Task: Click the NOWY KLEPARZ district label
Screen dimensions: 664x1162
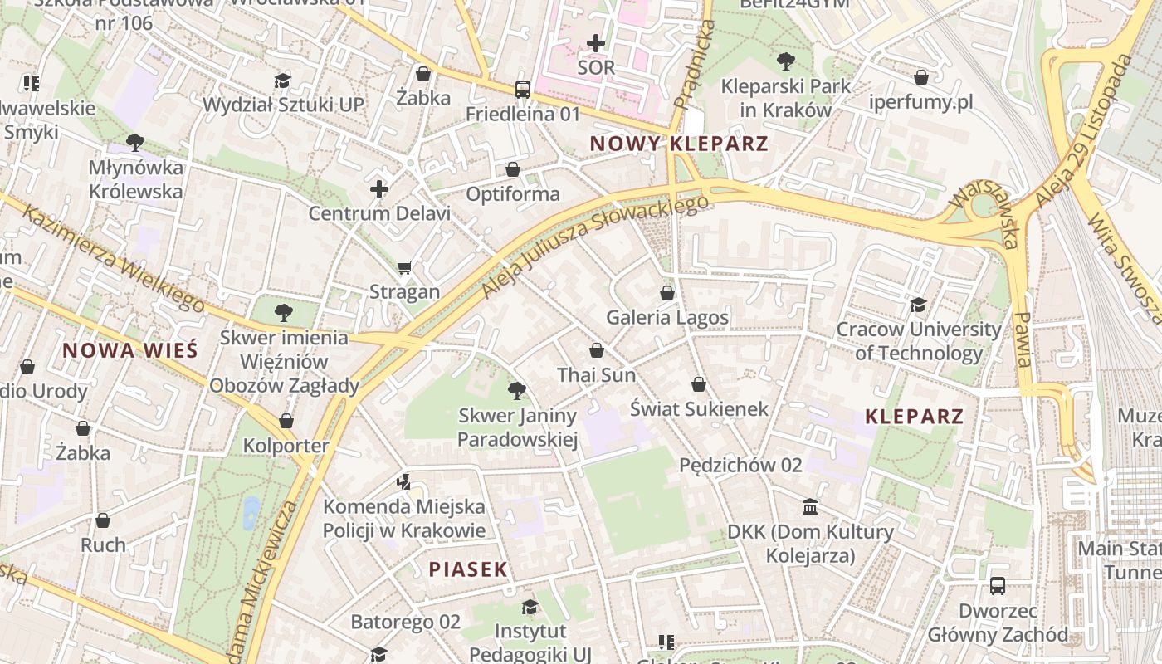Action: [x=679, y=144]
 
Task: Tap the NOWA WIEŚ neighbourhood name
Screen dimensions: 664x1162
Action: [x=130, y=350]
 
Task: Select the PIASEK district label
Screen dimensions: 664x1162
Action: [x=468, y=569]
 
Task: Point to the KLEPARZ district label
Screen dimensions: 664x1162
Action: [x=914, y=417]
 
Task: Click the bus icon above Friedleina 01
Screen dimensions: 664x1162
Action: [x=522, y=89]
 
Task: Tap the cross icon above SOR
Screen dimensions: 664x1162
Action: [x=596, y=42]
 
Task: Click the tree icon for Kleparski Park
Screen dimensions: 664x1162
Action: [x=785, y=61]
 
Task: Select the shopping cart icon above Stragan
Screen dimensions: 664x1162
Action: [x=405, y=267]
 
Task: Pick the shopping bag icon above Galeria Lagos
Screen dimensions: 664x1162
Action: [x=666, y=293]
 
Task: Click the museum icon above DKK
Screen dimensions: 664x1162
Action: [x=810, y=506]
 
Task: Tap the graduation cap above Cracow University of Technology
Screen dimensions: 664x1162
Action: [x=918, y=305]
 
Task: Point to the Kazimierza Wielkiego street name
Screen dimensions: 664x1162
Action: [x=111, y=258]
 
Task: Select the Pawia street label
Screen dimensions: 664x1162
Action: [x=1023, y=339]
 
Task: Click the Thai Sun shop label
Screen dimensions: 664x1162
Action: [x=596, y=375]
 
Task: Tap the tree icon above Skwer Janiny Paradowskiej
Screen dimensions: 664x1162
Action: [x=516, y=390]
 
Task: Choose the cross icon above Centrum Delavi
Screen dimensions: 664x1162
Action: [x=379, y=189]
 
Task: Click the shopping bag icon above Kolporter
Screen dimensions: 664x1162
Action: [x=286, y=421]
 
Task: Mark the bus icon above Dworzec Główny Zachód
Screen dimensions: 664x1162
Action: [x=997, y=586]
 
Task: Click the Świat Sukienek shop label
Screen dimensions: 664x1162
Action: [x=699, y=409]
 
